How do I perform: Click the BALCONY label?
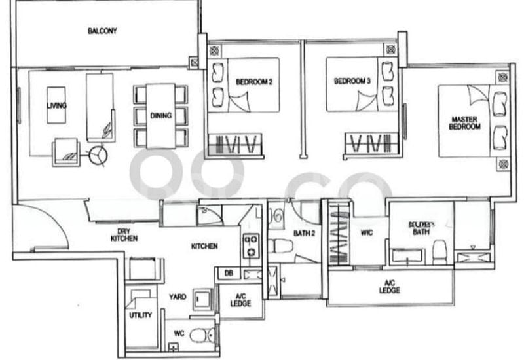coord(102,31)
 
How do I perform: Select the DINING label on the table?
coord(160,116)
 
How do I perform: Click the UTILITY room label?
coord(140,315)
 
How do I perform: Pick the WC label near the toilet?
coord(179,333)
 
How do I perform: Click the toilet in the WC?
coord(201,336)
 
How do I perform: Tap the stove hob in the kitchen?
coord(251,243)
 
